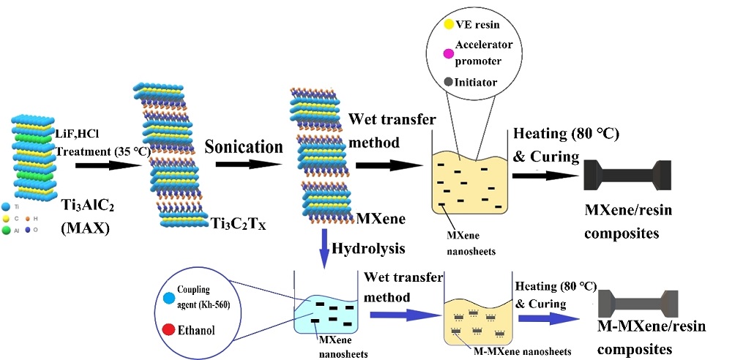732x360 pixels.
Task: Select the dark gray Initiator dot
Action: point(449,82)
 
